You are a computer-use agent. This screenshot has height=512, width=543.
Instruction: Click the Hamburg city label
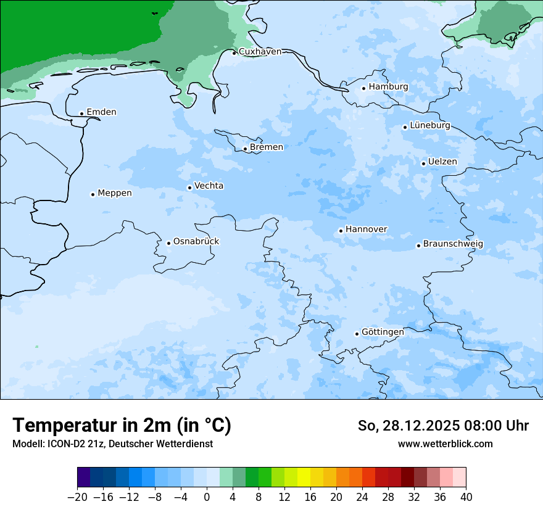[x=388, y=87]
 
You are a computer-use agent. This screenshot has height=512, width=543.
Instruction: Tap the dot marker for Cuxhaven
[x=234, y=53]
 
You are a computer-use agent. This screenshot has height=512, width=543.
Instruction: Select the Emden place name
[x=101, y=112]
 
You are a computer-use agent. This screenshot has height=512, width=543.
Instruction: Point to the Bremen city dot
[x=245, y=149]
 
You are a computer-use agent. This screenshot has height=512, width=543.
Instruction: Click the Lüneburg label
[x=429, y=126]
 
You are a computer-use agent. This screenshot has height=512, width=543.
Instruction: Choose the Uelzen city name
[x=442, y=162]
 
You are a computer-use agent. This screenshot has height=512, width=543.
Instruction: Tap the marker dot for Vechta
[x=189, y=188]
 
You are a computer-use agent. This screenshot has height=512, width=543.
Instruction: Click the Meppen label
[x=115, y=194]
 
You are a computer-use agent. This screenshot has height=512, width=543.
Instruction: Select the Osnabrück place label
[x=196, y=242]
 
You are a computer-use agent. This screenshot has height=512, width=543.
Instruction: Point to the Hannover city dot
[x=341, y=231]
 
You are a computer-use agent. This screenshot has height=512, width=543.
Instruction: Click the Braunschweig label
[x=453, y=244]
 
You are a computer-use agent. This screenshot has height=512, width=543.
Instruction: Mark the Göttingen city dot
[x=357, y=334]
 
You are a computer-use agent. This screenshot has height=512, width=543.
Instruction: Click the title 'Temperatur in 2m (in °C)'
[x=122, y=426]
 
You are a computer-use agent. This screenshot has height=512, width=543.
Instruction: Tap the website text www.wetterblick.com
[x=445, y=444]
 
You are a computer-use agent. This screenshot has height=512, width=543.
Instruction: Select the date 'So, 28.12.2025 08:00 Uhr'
[x=443, y=426]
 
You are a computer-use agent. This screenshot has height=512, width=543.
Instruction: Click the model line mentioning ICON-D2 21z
[x=112, y=444]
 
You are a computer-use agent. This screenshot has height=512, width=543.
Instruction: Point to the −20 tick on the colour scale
[x=78, y=497]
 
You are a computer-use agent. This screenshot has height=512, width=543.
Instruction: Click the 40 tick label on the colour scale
[x=466, y=497]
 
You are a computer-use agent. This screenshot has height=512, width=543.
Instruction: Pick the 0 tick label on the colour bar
[x=207, y=497]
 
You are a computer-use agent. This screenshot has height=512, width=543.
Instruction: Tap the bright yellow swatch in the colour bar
[x=304, y=477]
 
